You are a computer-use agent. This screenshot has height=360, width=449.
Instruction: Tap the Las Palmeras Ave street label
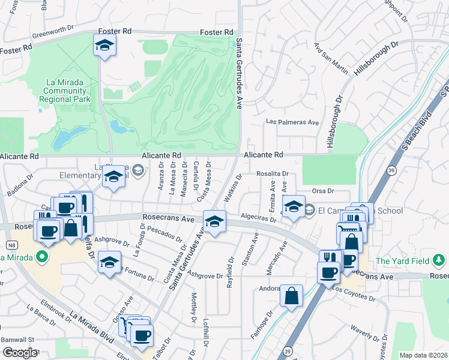tap(293, 122)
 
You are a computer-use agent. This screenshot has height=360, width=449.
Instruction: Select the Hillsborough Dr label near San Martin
tap(375, 58)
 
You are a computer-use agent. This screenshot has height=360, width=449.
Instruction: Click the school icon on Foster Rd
tap(104, 46)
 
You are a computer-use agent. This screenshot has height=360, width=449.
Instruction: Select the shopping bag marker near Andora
tap(291, 296)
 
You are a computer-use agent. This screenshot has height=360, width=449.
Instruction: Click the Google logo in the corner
tap(19, 352)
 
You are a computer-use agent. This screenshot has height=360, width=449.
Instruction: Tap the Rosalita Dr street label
tap(273, 174)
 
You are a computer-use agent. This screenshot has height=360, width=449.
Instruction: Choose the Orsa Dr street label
tap(322, 191)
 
